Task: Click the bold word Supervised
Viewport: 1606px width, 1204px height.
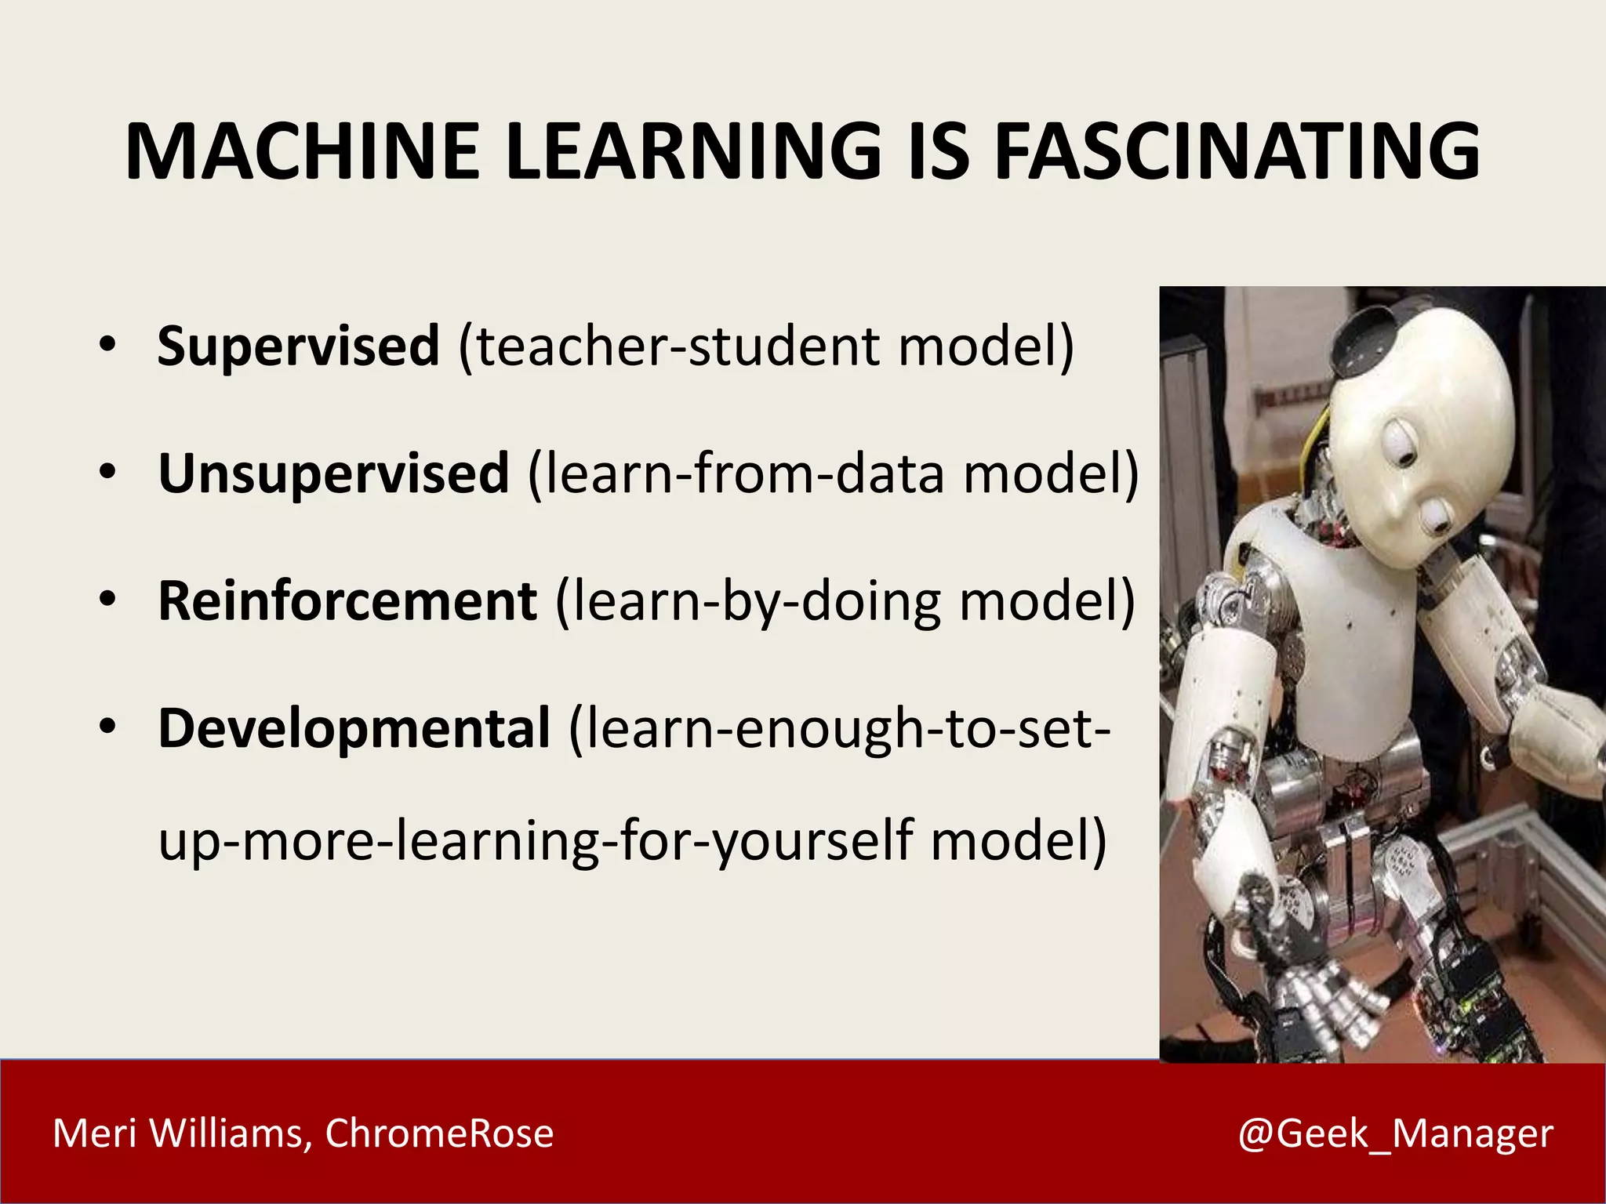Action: click(x=298, y=346)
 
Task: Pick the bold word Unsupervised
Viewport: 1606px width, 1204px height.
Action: click(x=334, y=473)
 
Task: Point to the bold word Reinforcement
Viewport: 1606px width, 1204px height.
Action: click(x=347, y=601)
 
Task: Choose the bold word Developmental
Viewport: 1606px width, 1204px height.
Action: click(x=354, y=728)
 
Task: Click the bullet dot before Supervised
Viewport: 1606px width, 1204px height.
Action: click(x=107, y=344)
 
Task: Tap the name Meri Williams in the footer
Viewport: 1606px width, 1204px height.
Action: click(x=178, y=1133)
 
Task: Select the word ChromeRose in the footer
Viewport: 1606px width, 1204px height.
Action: click(x=439, y=1133)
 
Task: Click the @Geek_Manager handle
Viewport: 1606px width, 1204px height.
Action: click(x=1395, y=1133)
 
